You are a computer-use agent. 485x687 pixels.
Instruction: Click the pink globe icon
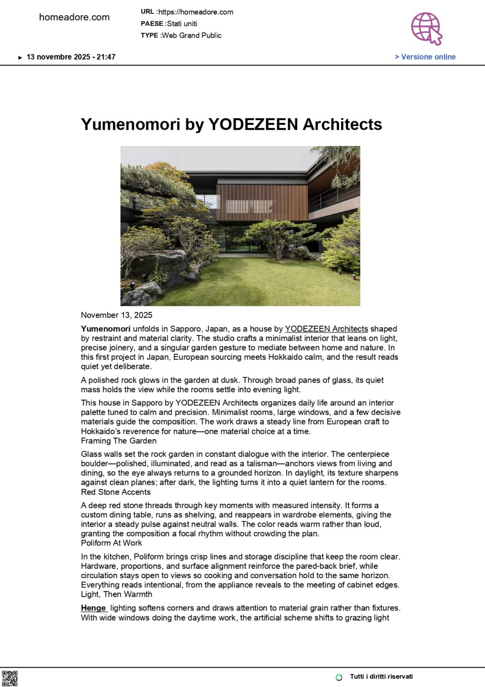[x=426, y=28]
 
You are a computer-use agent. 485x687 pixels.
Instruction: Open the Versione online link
[x=425, y=57]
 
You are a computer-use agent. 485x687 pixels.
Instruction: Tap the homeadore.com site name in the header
[x=74, y=17]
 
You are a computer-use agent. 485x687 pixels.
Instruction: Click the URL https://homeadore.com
[x=196, y=12]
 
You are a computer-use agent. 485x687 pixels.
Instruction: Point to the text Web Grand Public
[x=192, y=35]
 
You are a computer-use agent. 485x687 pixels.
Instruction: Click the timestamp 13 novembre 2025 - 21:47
[x=71, y=57]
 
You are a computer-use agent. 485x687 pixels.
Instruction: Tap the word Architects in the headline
[x=342, y=125]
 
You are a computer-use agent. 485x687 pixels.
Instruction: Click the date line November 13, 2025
[x=116, y=315]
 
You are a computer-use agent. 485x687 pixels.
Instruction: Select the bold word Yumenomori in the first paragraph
[x=105, y=329]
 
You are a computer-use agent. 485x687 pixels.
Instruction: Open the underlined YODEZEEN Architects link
[x=326, y=329]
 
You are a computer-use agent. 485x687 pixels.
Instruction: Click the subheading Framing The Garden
[x=118, y=441]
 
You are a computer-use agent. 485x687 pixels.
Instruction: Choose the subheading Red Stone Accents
[x=115, y=492]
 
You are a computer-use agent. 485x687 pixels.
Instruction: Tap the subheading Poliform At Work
[x=111, y=543]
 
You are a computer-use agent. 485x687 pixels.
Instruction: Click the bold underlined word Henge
[x=93, y=608]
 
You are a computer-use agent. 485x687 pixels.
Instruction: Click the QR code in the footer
[x=10, y=678]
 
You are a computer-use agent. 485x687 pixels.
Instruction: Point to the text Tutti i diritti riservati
[x=381, y=677]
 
